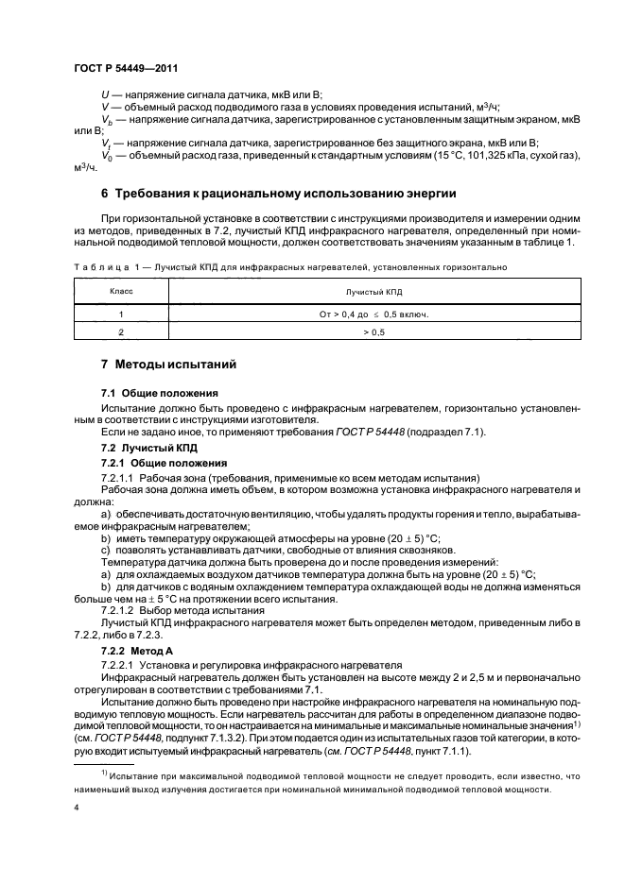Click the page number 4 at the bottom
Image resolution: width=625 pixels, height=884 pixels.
75,808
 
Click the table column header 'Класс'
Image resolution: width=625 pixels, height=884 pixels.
120,294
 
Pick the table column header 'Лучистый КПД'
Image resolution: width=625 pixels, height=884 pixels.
373,294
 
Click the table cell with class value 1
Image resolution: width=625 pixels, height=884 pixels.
120,314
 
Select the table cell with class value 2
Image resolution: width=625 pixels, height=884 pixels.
120,332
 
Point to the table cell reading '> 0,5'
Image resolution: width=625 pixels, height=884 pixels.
373,332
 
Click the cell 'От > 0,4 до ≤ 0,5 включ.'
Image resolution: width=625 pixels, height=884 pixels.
373,314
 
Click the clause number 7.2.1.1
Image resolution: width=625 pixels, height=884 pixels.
118,477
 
